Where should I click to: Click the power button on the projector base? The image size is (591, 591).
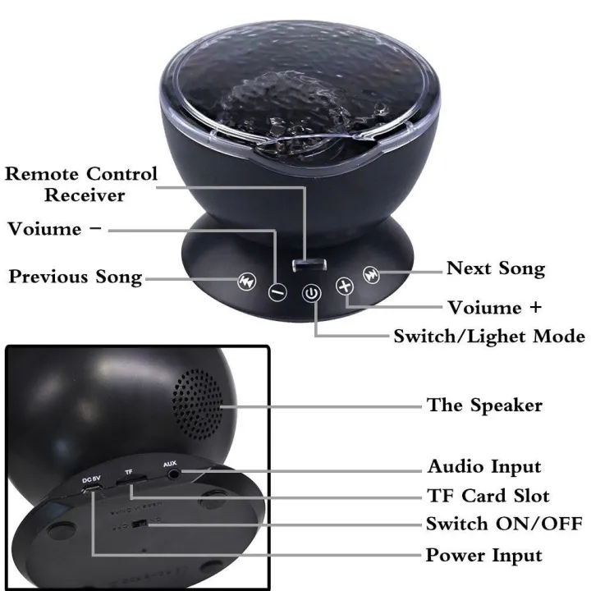point(311,293)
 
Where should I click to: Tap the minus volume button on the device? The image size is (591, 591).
point(278,290)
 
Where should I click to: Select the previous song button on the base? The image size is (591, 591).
point(245,280)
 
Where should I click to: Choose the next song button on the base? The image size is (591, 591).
point(372,275)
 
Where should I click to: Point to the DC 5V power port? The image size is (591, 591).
point(94,490)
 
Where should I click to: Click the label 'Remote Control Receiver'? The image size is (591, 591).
point(81,185)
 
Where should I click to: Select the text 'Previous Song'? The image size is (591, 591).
point(76,277)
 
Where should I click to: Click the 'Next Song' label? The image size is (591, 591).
point(495,268)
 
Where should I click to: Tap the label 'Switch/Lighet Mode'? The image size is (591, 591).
point(489,337)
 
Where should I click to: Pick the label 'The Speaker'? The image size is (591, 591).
point(484,405)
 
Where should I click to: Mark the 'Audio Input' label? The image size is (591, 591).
point(484,467)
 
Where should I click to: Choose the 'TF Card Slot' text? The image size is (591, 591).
point(488,496)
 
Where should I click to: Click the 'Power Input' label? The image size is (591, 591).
point(483,556)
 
